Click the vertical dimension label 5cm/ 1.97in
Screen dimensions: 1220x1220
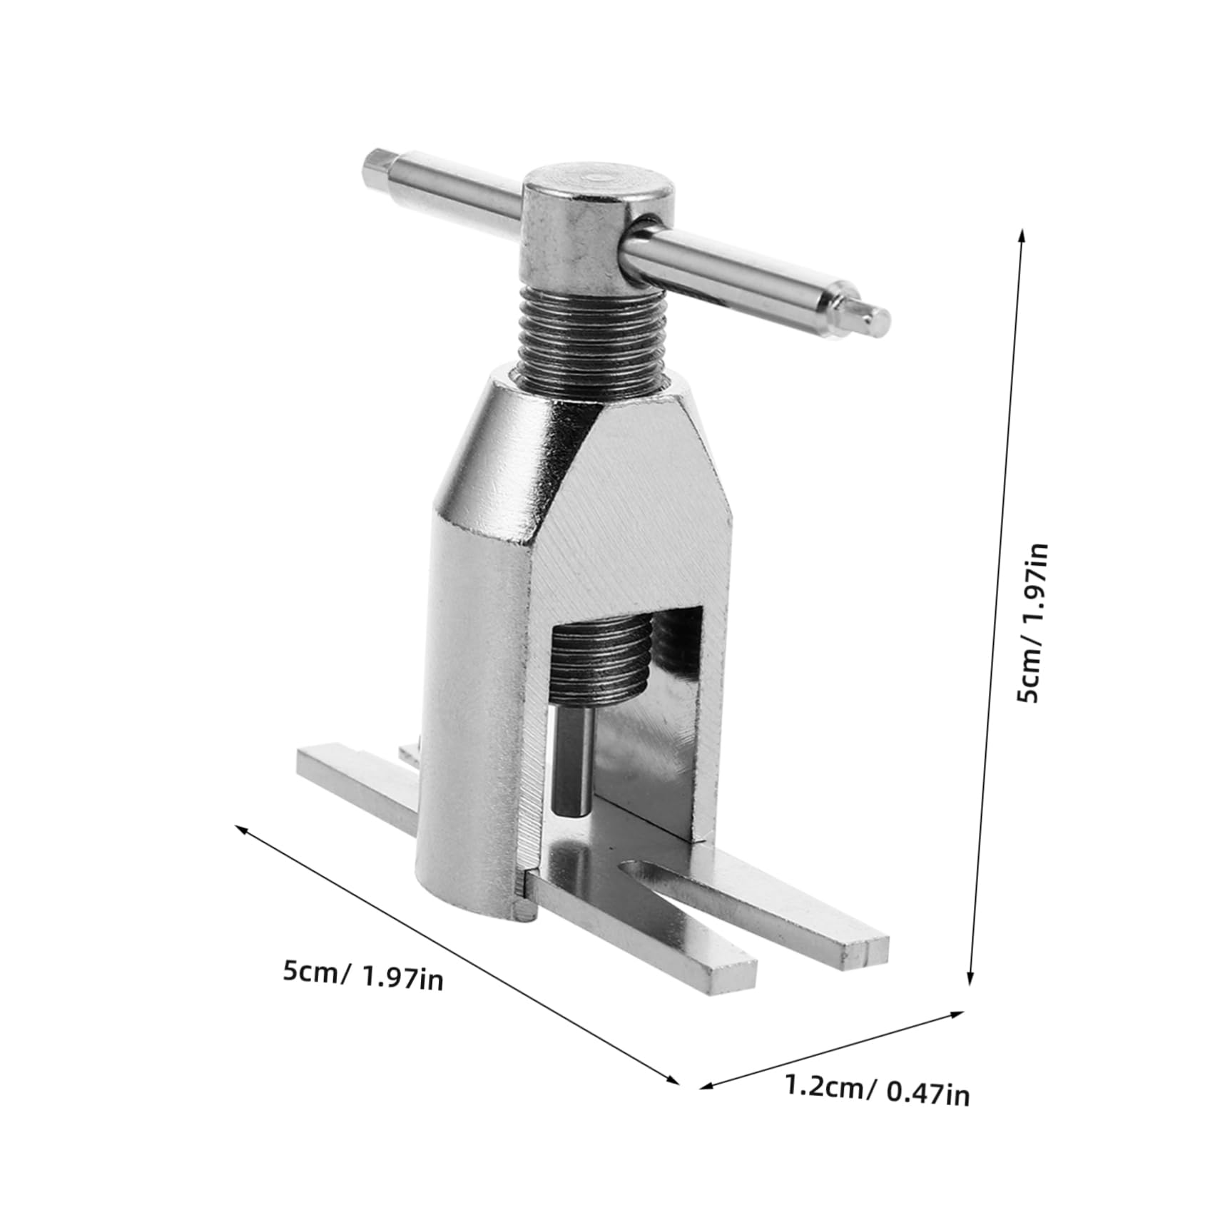(1033, 623)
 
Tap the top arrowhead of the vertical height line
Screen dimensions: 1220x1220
(1022, 236)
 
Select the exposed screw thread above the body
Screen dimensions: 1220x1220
(594, 335)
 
